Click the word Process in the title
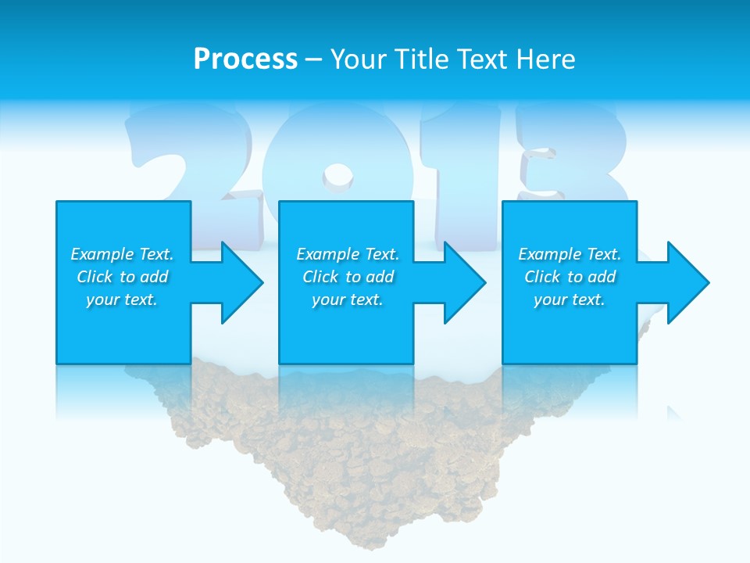point(245,59)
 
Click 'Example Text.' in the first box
point(122,254)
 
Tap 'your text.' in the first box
point(122,299)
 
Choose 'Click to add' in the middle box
point(348,277)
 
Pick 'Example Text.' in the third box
point(570,254)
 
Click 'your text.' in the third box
point(570,299)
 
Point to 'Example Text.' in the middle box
point(348,254)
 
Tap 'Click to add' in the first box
point(122,277)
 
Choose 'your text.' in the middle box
point(348,299)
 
